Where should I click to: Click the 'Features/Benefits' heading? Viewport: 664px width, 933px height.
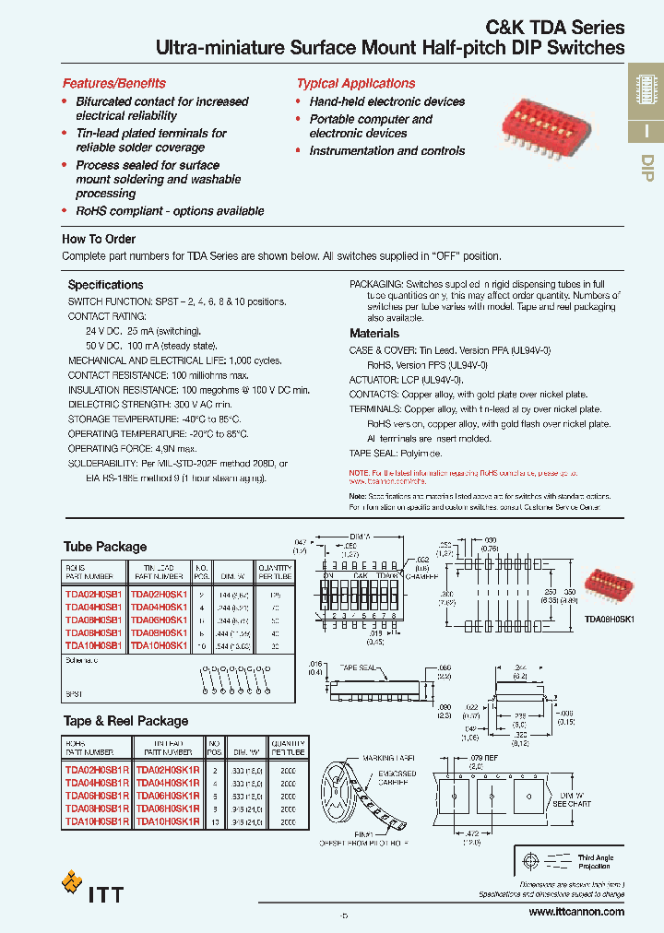point(114,83)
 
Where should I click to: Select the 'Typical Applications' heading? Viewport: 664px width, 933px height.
point(356,83)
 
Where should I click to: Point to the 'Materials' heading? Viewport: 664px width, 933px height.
point(374,334)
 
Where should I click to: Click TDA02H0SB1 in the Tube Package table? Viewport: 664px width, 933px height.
point(93,595)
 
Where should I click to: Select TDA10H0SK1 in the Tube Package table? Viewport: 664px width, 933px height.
point(158,646)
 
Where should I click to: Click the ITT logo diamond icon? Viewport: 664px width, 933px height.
point(72,882)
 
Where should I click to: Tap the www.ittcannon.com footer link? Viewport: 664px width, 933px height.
point(576,912)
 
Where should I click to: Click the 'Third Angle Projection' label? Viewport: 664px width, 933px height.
point(596,862)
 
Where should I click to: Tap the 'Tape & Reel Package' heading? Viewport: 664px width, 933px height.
point(125,721)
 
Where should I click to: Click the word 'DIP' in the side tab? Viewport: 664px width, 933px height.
point(646,168)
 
